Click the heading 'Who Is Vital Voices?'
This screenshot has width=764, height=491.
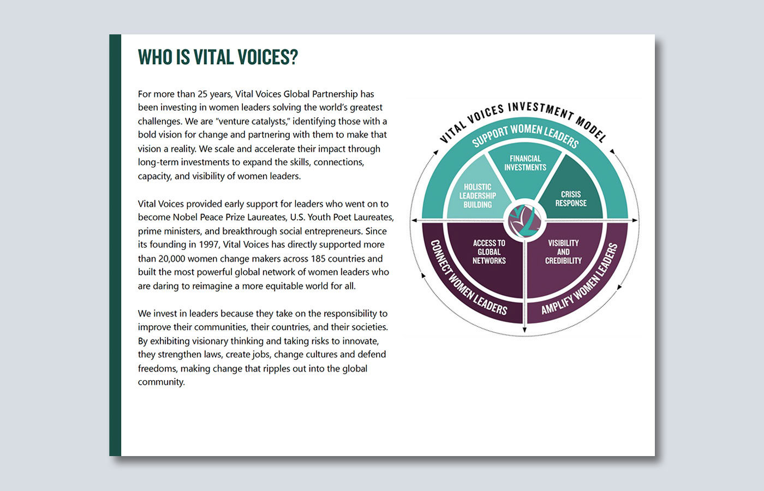[218, 57]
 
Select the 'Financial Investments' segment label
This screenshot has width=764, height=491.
[525, 163]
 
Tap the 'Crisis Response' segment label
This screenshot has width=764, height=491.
[571, 199]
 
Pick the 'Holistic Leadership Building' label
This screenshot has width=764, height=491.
[477, 196]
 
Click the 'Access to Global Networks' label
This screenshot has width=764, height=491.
[489, 252]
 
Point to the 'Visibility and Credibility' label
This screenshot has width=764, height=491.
[563, 252]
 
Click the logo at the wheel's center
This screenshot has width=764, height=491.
[524, 221]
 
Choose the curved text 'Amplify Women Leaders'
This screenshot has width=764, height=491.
[580, 279]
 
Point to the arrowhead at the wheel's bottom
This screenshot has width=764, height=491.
[524, 330]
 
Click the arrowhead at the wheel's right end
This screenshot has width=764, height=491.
[635, 220]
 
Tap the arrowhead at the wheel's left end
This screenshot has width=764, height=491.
[414, 220]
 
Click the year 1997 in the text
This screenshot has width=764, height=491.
[208, 244]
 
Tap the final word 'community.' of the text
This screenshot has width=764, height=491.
[162, 382]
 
